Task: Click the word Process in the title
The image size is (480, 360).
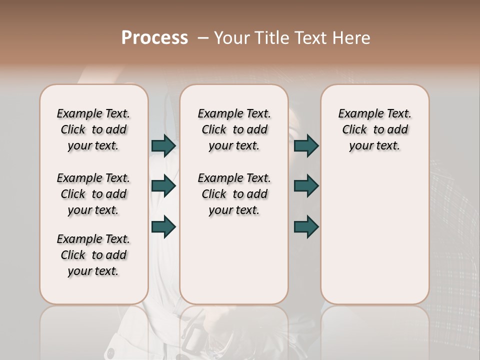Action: click(x=154, y=38)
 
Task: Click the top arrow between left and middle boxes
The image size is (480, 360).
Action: click(x=163, y=145)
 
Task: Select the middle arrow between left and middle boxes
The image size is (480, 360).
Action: click(x=163, y=186)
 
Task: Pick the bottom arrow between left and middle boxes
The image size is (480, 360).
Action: click(x=163, y=226)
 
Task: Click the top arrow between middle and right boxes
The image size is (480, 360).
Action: click(x=306, y=145)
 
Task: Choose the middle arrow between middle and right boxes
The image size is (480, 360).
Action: click(x=306, y=186)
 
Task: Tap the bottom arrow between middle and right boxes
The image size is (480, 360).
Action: click(x=306, y=226)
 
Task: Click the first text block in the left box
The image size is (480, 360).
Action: click(x=93, y=129)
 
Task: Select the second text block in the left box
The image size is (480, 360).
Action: click(x=93, y=194)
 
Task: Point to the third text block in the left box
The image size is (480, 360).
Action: click(x=93, y=255)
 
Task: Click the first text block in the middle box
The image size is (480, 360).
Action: click(x=234, y=129)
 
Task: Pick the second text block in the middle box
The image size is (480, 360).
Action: click(x=234, y=194)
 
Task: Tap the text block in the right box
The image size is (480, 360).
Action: click(x=375, y=129)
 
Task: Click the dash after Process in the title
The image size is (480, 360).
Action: click(x=203, y=38)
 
